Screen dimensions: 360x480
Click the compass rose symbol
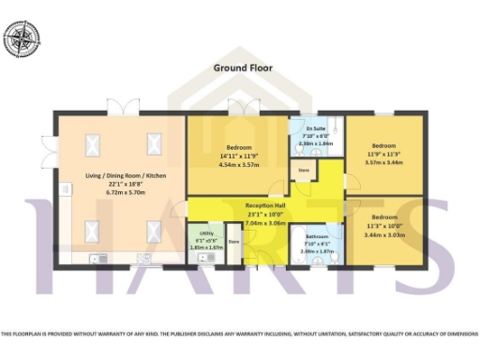coord(23,38)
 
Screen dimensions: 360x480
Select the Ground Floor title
coord(239,68)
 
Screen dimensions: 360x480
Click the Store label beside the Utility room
coord(233,242)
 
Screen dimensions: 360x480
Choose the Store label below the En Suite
coord(303,171)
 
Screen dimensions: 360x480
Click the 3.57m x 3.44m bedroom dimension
coord(382,162)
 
